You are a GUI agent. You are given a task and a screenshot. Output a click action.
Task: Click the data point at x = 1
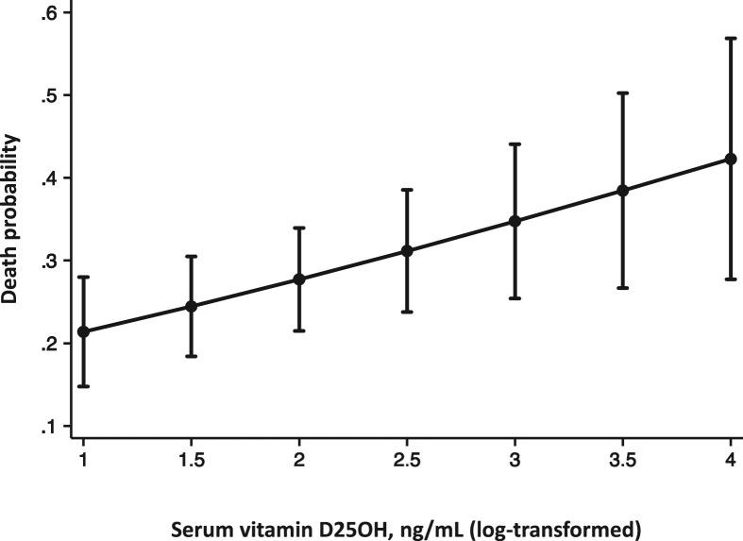point(83,331)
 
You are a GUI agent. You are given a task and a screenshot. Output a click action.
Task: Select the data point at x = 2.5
point(407,251)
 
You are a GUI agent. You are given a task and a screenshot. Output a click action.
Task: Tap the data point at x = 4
point(731,159)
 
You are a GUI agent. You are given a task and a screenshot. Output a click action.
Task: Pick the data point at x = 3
point(515,221)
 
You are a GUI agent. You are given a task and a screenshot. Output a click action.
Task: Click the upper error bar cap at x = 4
point(731,38)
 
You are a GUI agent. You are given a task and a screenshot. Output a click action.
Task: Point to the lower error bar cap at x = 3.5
point(622,287)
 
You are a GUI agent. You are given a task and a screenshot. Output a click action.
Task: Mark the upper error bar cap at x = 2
point(299,228)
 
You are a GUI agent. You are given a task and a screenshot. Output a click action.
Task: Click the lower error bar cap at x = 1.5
point(191,356)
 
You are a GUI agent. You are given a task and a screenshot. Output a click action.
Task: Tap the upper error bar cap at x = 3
point(515,144)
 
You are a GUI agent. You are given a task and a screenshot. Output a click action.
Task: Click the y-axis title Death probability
point(11,218)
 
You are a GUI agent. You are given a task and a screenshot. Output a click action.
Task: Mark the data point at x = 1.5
point(191,306)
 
